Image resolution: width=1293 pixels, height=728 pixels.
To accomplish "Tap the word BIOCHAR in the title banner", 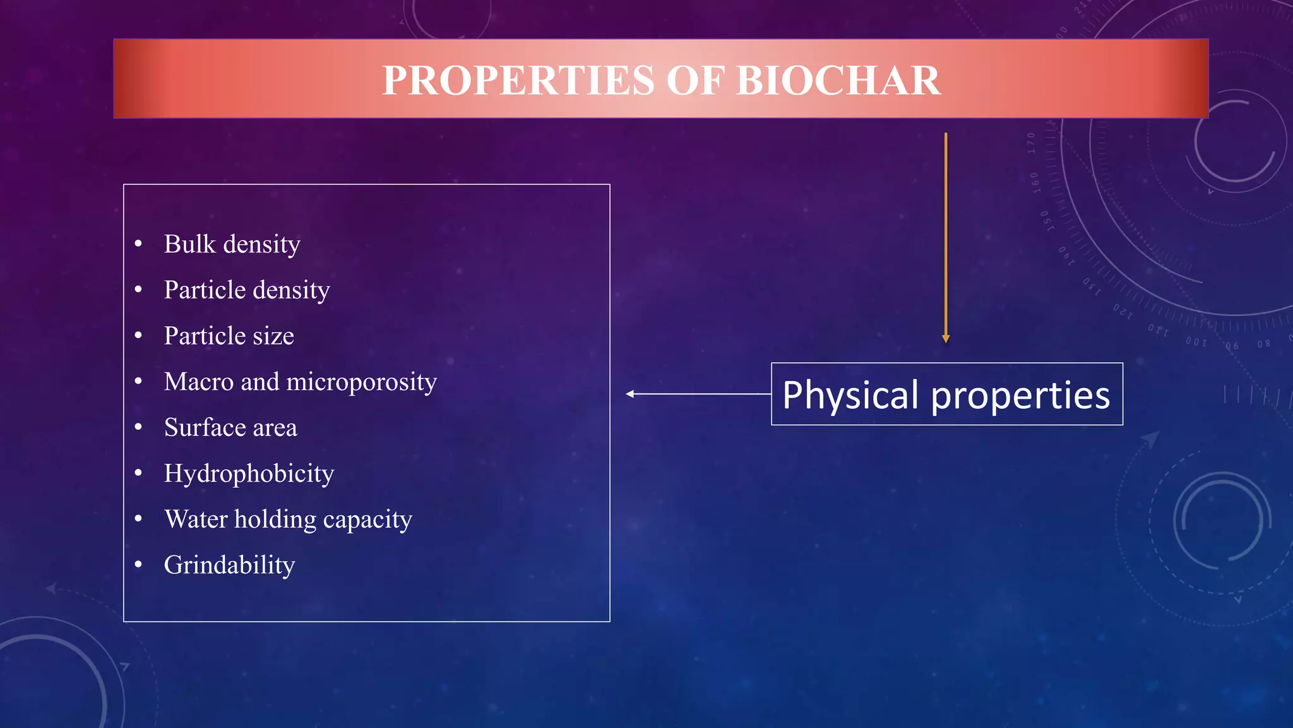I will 838,81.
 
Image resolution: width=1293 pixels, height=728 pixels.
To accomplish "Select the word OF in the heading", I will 695,81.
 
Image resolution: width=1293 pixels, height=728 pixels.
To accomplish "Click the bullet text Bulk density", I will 232,245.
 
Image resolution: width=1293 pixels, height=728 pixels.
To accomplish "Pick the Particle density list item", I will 247,291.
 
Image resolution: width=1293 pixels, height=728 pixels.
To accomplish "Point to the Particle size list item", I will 229,336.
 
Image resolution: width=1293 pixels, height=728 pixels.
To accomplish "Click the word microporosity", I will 361,382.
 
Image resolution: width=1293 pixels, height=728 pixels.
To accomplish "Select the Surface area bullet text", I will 230,428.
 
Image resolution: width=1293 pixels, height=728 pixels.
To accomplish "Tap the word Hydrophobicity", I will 249,474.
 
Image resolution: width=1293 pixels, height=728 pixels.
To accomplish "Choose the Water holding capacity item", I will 288,519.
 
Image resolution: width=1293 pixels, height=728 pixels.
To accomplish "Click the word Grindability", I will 229,565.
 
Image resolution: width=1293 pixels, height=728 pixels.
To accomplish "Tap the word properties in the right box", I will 1020,396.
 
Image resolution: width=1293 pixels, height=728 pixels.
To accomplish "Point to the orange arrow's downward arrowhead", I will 946,339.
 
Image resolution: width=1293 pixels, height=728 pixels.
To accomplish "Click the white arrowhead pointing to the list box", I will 629,394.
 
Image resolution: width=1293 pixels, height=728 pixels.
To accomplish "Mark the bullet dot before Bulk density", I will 138,244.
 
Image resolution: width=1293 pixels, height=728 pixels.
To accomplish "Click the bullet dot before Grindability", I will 138,564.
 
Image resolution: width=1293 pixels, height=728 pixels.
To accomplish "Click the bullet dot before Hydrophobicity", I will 138,473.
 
